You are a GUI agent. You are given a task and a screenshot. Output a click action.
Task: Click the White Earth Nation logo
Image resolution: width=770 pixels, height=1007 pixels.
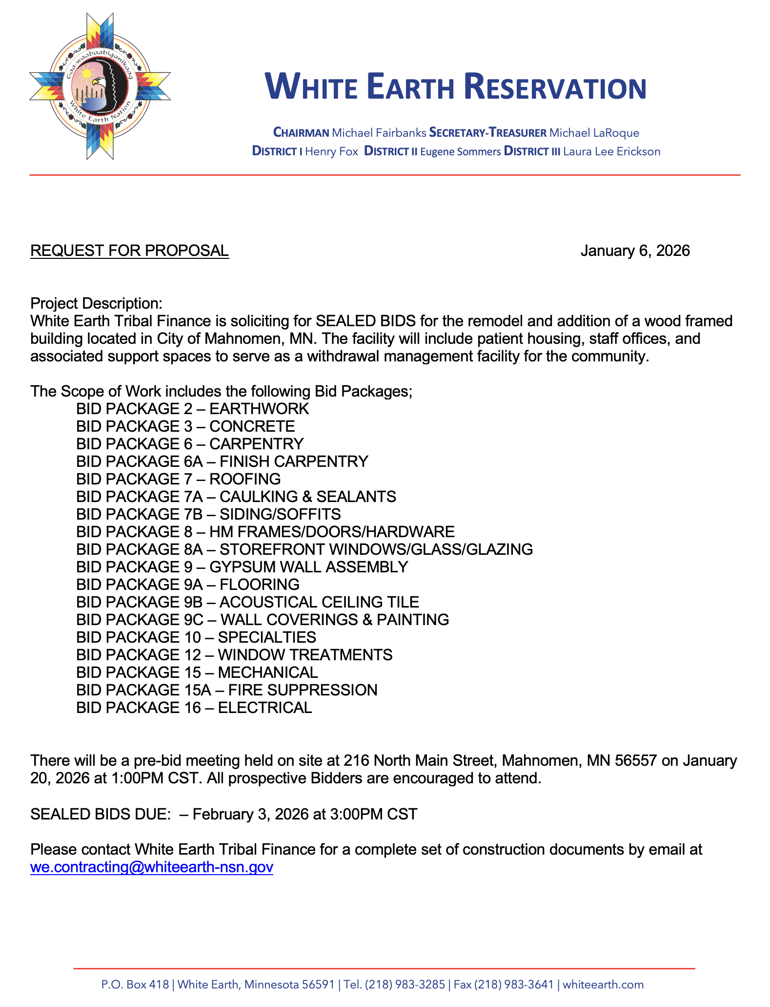point(100,86)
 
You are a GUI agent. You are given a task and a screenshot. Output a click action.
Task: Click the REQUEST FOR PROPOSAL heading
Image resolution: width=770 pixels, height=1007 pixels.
point(129,251)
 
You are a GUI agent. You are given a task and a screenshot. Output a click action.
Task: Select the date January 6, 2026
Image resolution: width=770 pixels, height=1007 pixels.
point(635,251)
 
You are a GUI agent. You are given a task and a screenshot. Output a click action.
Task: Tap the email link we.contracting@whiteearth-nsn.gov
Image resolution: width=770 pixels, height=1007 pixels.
point(151,867)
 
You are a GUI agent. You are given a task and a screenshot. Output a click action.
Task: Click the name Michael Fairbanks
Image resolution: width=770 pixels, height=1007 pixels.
point(379,133)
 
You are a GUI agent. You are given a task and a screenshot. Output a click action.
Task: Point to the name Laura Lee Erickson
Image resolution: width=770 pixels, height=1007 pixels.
point(611,151)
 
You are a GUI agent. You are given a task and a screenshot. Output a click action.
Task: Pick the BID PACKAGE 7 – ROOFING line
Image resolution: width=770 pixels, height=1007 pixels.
point(178,479)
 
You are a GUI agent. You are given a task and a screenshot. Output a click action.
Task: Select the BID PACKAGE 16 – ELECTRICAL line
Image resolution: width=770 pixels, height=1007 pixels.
point(194,708)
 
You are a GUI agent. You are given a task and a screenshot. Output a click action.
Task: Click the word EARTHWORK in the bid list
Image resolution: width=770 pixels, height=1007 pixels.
point(259,409)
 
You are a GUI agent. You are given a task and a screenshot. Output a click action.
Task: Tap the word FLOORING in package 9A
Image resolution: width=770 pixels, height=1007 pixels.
point(260,585)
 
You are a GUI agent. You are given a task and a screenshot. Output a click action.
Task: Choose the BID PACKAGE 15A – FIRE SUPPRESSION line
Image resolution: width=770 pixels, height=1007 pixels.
point(226,690)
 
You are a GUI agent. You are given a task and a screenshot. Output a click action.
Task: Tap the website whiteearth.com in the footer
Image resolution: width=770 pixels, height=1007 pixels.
point(603,985)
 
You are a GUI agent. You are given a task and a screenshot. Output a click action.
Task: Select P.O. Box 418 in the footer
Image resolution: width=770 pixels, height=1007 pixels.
point(135,985)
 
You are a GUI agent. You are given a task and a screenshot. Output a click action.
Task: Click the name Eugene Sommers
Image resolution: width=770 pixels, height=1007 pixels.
point(460,151)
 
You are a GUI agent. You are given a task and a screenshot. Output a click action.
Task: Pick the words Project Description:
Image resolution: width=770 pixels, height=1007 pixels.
point(96,303)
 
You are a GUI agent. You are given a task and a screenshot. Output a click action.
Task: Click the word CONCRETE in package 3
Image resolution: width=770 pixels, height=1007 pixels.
point(252,426)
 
